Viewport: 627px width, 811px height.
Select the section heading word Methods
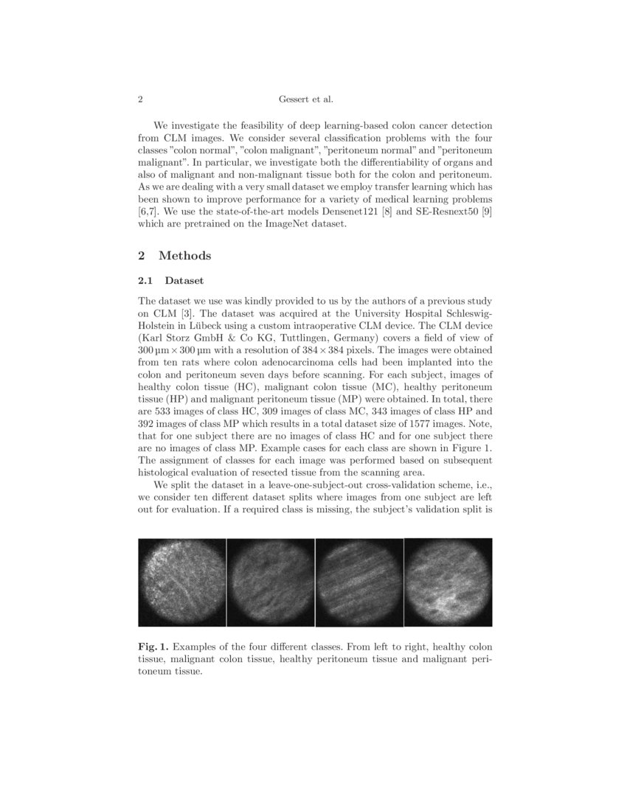185,256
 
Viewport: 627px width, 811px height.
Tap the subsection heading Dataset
184,281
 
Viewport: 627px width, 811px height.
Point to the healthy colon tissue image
181,582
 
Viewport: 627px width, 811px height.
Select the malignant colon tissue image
270,582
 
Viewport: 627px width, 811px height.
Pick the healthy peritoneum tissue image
359,582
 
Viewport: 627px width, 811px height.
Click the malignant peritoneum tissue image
448,582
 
